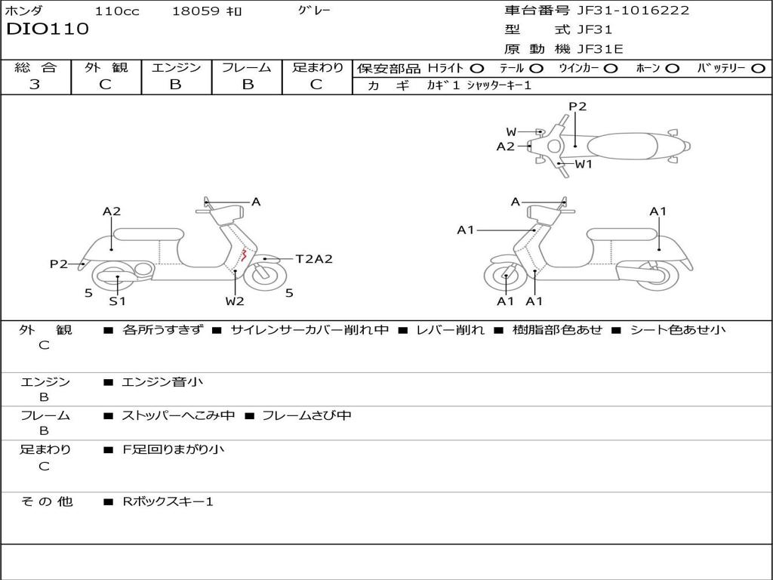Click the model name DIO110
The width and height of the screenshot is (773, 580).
(48, 29)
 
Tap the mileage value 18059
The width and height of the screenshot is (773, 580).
(196, 11)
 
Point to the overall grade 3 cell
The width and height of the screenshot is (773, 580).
(35, 85)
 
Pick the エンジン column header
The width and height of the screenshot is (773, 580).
(176, 68)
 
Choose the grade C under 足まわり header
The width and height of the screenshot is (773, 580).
(316, 85)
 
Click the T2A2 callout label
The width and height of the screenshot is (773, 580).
(313, 259)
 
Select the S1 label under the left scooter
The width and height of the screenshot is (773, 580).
(117, 301)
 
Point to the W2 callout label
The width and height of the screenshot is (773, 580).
(235, 301)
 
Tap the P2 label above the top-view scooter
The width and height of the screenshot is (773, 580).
(577, 106)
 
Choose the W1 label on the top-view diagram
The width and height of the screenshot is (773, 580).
(584, 164)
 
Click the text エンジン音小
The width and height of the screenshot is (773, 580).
(162, 382)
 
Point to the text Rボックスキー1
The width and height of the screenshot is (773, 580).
(168, 501)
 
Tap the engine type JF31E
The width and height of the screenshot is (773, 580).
(600, 49)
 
